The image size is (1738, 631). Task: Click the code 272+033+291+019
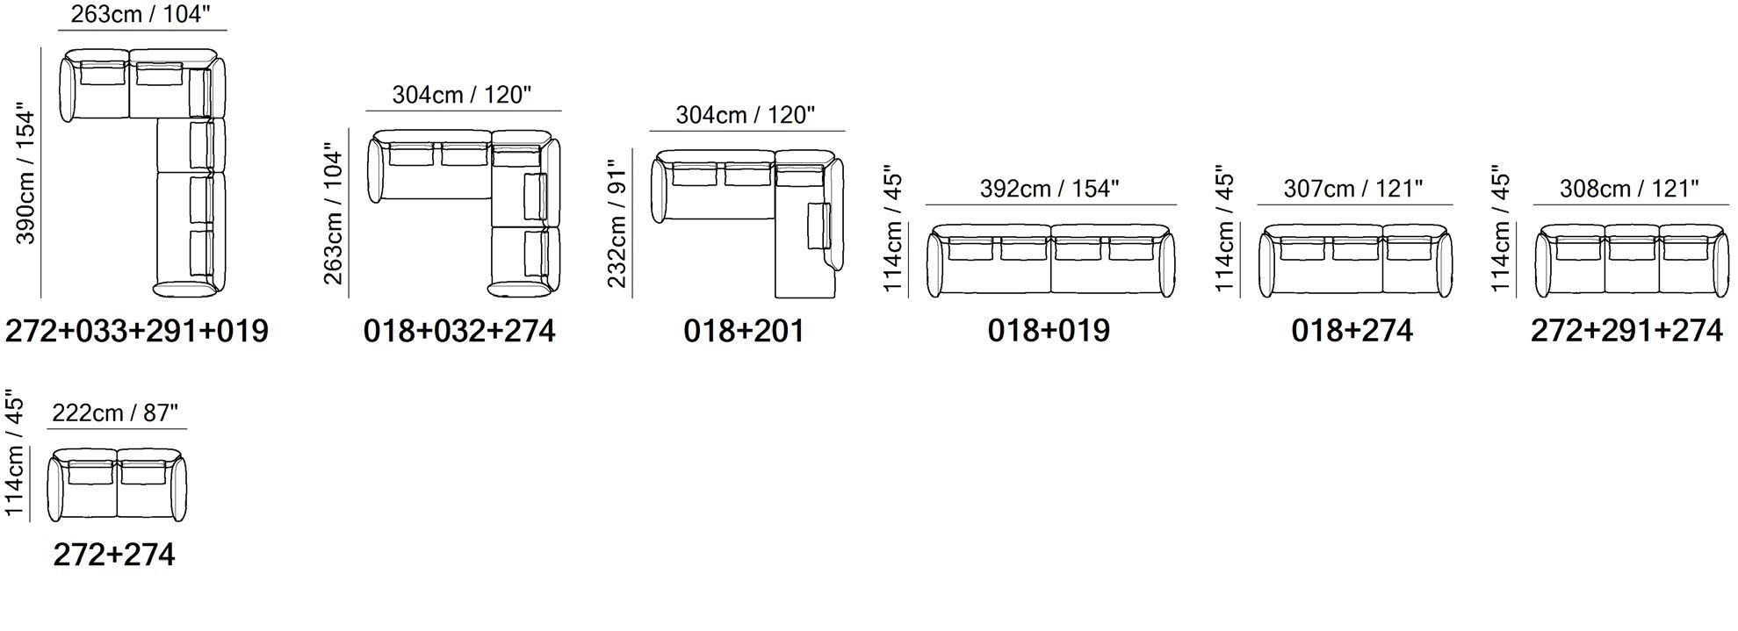click(137, 331)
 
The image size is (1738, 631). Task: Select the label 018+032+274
click(459, 331)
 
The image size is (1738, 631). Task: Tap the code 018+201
click(744, 331)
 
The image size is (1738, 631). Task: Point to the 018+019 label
click(1049, 331)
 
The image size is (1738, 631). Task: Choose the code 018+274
click(1352, 331)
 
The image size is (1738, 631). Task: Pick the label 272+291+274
click(1626, 331)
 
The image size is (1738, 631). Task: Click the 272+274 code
click(114, 555)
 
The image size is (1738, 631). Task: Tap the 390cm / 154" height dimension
click(26, 176)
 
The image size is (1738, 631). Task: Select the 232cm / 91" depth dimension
click(617, 223)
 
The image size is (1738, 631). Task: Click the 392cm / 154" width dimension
click(1049, 189)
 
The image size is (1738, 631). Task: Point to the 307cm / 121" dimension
click(1352, 189)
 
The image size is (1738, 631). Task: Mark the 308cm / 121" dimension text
click(1629, 189)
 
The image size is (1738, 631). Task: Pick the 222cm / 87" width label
click(115, 412)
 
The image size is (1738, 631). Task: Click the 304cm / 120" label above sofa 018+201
click(745, 115)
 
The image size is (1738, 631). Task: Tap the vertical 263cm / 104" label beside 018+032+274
click(334, 214)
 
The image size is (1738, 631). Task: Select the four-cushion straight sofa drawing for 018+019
click(1050, 260)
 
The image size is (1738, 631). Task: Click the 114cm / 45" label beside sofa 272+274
click(14, 457)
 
